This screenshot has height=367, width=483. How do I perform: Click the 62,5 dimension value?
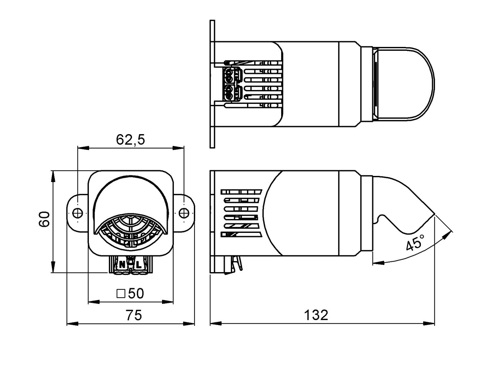(130, 140)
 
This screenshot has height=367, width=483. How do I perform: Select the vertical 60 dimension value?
(44, 219)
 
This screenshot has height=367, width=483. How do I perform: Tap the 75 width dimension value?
(134, 316)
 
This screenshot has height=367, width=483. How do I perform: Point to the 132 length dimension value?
(316, 315)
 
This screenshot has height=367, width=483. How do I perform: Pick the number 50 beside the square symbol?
(136, 293)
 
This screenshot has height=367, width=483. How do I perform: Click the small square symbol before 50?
(121, 293)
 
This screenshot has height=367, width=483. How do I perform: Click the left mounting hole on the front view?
(78, 213)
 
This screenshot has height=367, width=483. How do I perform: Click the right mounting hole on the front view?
(184, 213)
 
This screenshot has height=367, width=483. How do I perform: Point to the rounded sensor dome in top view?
(406, 84)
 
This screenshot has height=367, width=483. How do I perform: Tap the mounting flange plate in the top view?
(212, 84)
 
